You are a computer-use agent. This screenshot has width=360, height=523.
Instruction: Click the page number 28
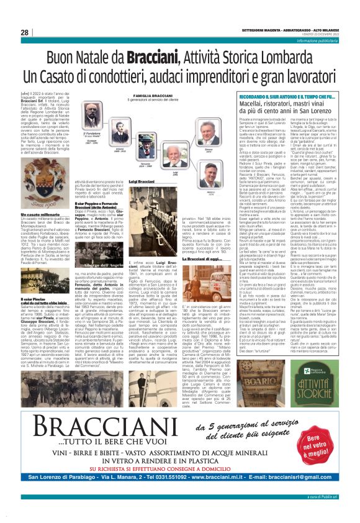25,32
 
